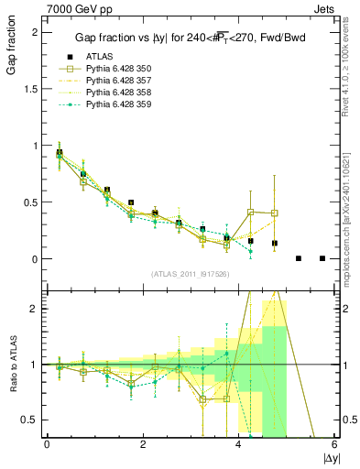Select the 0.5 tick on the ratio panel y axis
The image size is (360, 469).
33,420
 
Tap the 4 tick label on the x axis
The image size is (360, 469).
239,444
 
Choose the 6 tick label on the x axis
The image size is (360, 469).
334,444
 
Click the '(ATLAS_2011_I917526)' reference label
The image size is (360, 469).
191,274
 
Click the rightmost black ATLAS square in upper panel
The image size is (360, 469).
322,258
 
